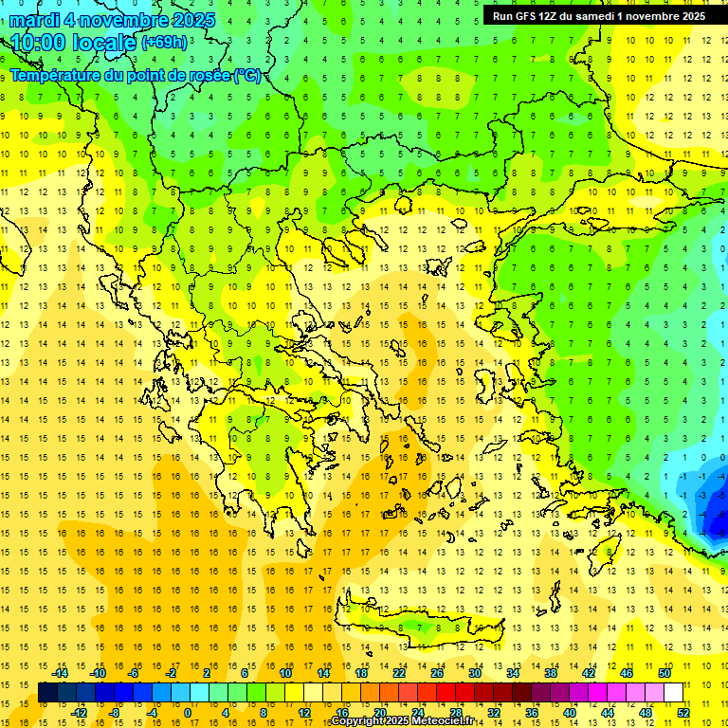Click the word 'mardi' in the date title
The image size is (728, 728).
pyautogui.click(x=37, y=20)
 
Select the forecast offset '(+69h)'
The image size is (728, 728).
pyautogui.click(x=164, y=43)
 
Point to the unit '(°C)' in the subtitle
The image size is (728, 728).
pyautogui.click(x=246, y=75)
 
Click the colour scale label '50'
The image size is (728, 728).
pyautogui.click(x=664, y=673)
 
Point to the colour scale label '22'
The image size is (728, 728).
pyautogui.click(x=399, y=673)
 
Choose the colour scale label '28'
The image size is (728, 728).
pyautogui.click(x=456, y=713)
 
